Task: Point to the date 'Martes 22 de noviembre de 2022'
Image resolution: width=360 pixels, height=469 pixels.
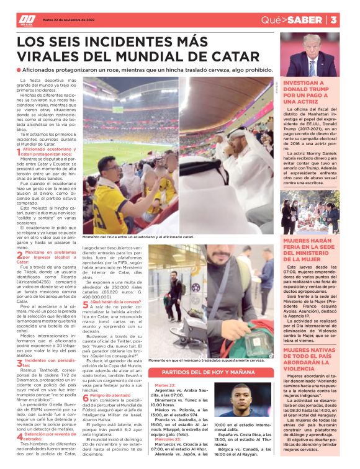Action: click(68, 19)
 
